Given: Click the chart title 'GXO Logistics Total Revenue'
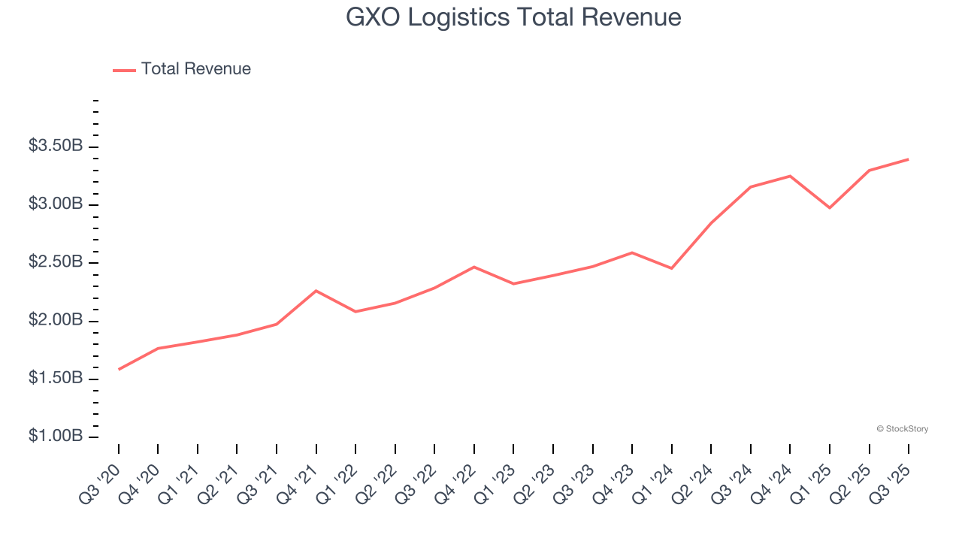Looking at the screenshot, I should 513,17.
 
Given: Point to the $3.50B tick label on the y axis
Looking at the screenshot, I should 56,146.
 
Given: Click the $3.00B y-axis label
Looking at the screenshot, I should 56,204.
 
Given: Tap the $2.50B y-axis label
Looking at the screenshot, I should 56,262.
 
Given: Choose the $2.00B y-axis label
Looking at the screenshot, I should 56,321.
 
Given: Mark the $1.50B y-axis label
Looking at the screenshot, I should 56,379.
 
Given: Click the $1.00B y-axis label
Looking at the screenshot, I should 56,437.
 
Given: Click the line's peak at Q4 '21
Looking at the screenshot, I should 316,291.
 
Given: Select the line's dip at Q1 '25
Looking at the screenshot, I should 830,207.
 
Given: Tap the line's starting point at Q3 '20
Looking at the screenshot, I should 119,370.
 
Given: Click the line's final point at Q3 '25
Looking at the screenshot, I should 909,159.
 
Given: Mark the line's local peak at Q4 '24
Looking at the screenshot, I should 790,176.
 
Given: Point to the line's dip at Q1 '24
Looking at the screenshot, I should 671,268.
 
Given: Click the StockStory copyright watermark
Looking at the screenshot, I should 902,429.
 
